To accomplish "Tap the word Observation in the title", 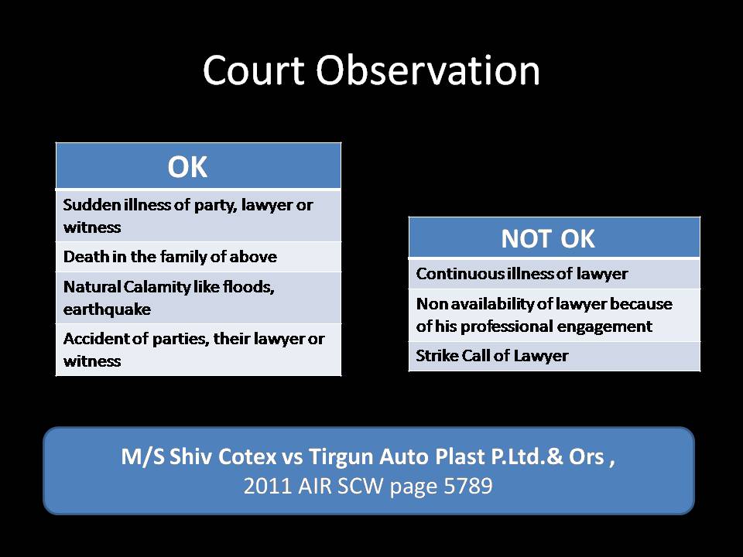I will [x=428, y=71].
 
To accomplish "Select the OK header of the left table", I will [x=187, y=167].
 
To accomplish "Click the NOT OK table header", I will [x=548, y=239].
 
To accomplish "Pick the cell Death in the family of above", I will [x=169, y=256].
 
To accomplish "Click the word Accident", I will [x=93, y=339].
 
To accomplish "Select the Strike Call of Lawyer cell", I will [x=492, y=357].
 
